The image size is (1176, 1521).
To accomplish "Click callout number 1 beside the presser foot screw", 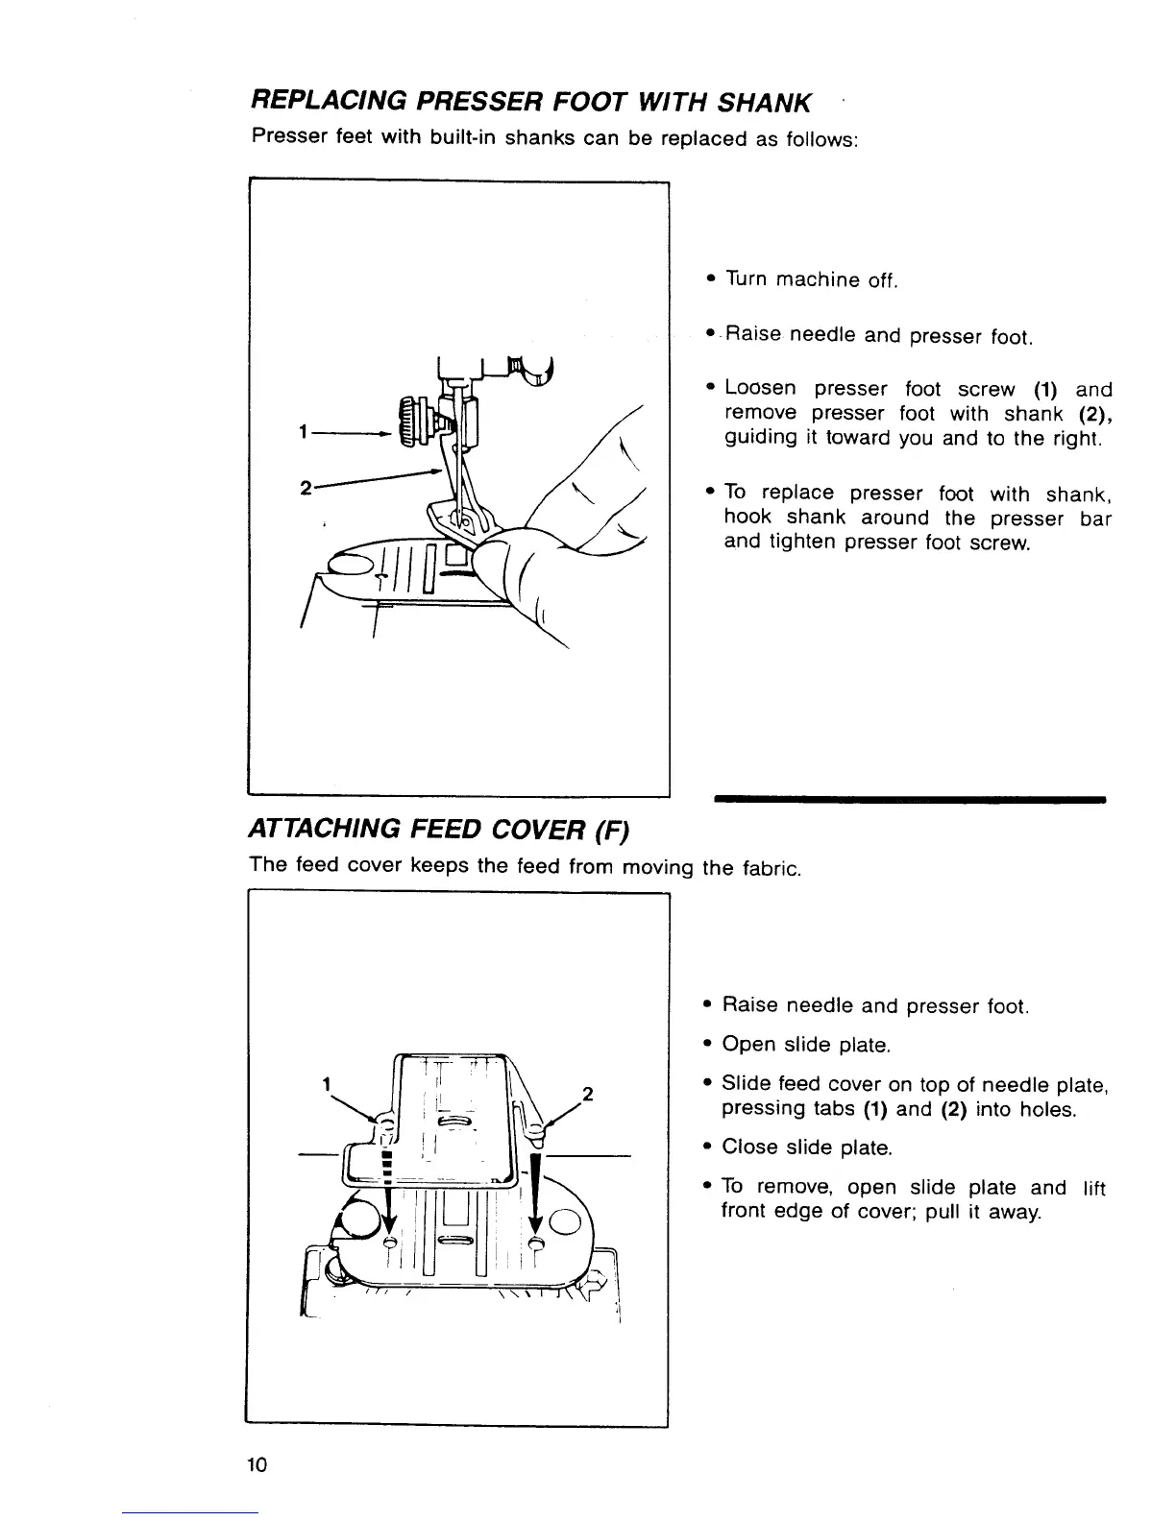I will (303, 434).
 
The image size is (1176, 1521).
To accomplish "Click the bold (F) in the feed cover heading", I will (610, 828).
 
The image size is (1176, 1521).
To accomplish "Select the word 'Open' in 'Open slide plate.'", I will (748, 1045).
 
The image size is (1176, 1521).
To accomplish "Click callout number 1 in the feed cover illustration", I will (327, 1084).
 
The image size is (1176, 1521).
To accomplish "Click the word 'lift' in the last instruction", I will (1093, 1188).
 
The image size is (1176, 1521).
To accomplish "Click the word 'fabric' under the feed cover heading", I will (768, 869).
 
